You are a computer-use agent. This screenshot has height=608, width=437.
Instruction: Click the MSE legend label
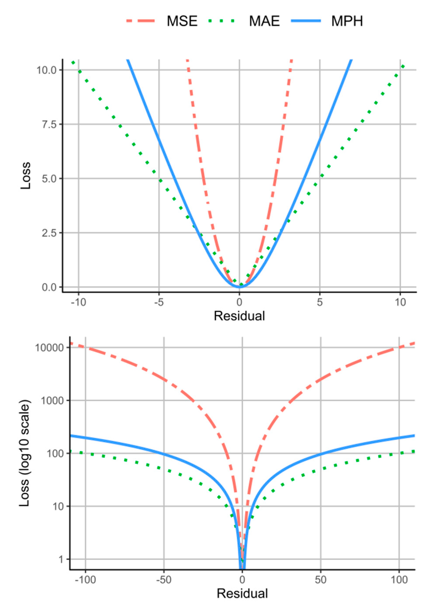click(x=182, y=21)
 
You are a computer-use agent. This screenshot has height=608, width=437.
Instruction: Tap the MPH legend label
click(x=347, y=21)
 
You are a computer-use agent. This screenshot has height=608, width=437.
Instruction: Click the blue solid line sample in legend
click(x=306, y=21)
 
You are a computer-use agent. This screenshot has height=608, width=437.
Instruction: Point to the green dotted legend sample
click(x=222, y=21)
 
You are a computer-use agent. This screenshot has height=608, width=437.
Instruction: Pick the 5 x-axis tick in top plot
click(x=320, y=302)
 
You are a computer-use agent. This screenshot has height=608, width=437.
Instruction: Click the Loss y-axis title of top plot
click(x=26, y=176)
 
